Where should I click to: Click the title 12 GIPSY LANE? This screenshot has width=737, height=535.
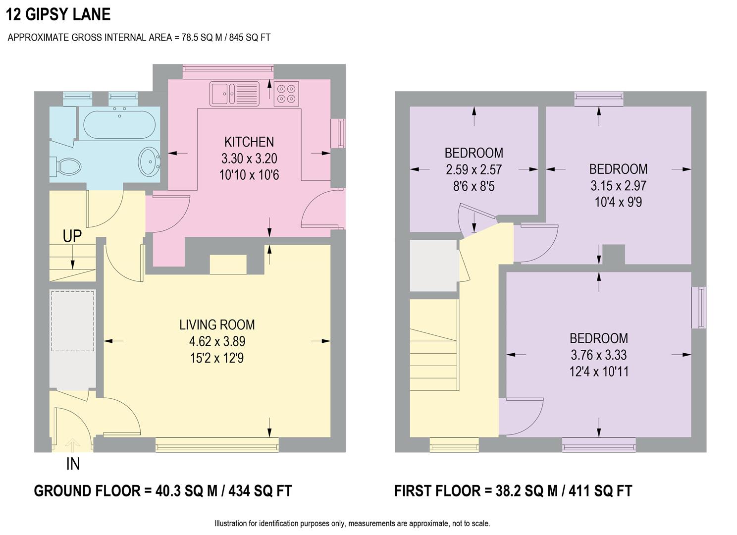pyautogui.click(x=58, y=14)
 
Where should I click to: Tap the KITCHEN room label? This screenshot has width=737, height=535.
pyautogui.click(x=249, y=142)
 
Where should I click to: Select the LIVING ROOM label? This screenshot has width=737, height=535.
pyautogui.click(x=217, y=325)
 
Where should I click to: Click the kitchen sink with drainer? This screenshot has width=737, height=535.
pyautogui.click(x=234, y=94)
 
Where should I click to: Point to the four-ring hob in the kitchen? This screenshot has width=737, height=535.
pyautogui.click(x=286, y=94)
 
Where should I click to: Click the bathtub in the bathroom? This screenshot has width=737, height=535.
pyautogui.click(x=119, y=124)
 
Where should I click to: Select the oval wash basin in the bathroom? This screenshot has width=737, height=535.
pyautogui.click(x=148, y=161)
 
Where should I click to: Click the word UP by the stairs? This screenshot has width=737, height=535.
pyautogui.click(x=72, y=236)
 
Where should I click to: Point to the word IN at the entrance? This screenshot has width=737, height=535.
pyautogui.click(x=73, y=464)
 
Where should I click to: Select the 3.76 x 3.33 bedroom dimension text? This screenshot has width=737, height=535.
pyautogui.click(x=598, y=355)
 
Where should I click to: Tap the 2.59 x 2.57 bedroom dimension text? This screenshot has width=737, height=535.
pyautogui.click(x=474, y=170)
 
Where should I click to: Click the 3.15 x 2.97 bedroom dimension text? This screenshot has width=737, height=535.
pyautogui.click(x=618, y=186)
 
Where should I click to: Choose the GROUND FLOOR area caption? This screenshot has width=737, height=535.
pyautogui.click(x=162, y=491)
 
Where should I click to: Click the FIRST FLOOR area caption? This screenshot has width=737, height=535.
pyautogui.click(x=513, y=491)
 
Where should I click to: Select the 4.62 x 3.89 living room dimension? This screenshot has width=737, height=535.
pyautogui.click(x=217, y=342)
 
